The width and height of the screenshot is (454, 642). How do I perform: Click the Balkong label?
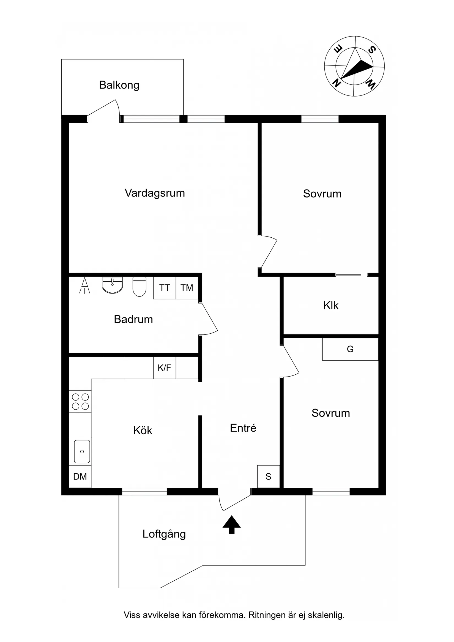pyautogui.click(x=119, y=85)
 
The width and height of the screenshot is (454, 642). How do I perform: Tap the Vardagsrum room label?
pyautogui.click(x=155, y=193)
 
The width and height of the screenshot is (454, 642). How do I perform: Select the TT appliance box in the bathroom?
pyautogui.click(x=165, y=288)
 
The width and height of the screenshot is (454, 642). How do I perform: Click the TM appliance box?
pyautogui.click(x=187, y=288)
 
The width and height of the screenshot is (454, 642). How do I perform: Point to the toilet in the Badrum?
pyautogui.click(x=139, y=287)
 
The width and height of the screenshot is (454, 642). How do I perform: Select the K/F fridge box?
pyautogui.click(x=165, y=368)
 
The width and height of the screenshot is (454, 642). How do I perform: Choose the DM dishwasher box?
pyautogui.click(x=80, y=476)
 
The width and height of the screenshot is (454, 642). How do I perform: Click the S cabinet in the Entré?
pyautogui.click(x=268, y=476)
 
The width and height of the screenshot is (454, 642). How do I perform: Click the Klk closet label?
pyautogui.click(x=331, y=306)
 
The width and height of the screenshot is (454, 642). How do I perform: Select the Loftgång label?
pyautogui.click(x=164, y=534)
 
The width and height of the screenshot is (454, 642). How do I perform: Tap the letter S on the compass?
pyautogui.click(x=371, y=50)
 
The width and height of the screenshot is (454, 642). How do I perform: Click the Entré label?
pyautogui.click(x=243, y=428)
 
